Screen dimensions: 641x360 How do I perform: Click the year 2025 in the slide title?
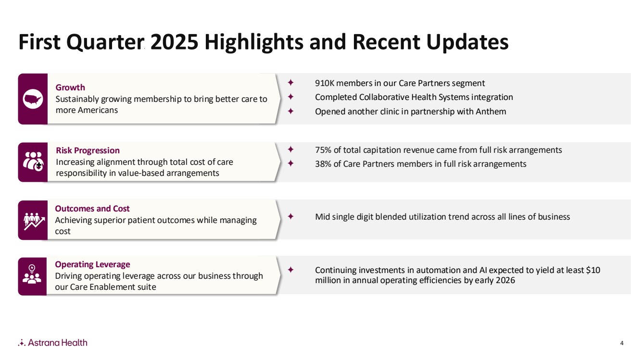pyautogui.click(x=174, y=42)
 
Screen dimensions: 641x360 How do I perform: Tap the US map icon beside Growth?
pyautogui.click(x=33, y=99)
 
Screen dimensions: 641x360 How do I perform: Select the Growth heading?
pyautogui.click(x=70, y=87)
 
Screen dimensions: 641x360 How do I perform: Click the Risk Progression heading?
pyautogui.click(x=88, y=150)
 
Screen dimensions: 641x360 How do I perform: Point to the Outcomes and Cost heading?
pyautogui.click(x=92, y=209)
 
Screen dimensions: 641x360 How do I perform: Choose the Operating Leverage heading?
pyautogui.click(x=92, y=264)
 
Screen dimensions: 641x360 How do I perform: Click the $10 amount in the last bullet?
pyautogui.click(x=593, y=270)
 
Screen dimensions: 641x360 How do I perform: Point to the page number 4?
pyautogui.click(x=622, y=343)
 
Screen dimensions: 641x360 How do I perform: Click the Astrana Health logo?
pyautogui.click(x=52, y=343)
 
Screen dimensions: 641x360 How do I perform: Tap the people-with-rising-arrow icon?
pyautogui.click(x=34, y=221)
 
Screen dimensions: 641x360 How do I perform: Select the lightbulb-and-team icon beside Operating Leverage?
pyautogui.click(x=32, y=274)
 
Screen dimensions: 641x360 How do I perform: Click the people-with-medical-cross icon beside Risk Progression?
pyautogui.click(x=33, y=161)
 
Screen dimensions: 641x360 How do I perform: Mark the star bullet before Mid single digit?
pyautogui.click(x=291, y=216)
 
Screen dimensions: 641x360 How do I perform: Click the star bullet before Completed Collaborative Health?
pyautogui.click(x=291, y=97)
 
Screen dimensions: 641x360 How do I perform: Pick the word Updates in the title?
pyautogui.click(x=467, y=42)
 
